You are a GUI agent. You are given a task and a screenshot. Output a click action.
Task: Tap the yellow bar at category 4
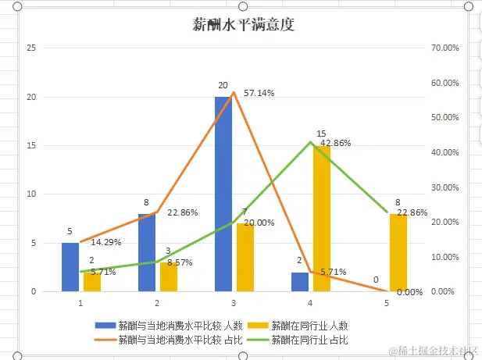coord(322,219)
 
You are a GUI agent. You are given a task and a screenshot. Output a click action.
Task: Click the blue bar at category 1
coord(70,267)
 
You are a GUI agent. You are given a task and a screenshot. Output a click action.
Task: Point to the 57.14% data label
coord(259,93)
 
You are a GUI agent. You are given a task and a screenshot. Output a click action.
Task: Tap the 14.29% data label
coord(105,242)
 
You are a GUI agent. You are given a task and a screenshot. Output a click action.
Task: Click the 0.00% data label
coord(409,292)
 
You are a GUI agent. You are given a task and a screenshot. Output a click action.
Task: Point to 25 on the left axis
coord(32,48)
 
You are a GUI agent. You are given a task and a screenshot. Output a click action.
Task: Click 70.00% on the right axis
coord(445,48)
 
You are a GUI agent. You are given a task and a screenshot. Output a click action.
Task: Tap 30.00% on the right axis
coord(445,187)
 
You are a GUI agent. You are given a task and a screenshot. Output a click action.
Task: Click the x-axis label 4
coord(311,302)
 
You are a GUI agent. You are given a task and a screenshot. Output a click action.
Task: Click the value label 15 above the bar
coord(321,134)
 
